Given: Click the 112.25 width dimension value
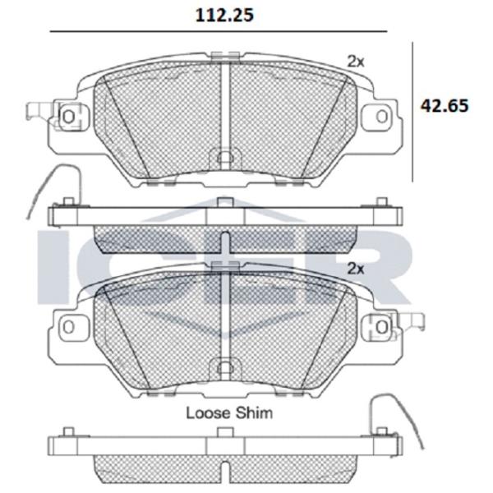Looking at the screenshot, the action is pyautogui.click(x=224, y=15).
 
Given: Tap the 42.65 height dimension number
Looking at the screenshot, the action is pyautogui.click(x=445, y=106).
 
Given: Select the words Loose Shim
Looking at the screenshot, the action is pyautogui.click(x=229, y=412).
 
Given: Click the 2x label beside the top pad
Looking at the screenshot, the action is pyautogui.click(x=355, y=62).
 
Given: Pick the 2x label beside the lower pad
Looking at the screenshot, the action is pyautogui.click(x=355, y=269).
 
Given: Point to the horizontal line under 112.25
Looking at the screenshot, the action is pyautogui.click(x=219, y=31).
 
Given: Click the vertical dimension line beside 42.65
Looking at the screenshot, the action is pyautogui.click(x=412, y=112).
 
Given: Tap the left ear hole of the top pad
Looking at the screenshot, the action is pyautogui.click(x=68, y=117).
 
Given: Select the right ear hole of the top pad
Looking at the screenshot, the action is pyautogui.click(x=382, y=117).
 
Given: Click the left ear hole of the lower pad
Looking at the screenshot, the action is pyautogui.click(x=68, y=327).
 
